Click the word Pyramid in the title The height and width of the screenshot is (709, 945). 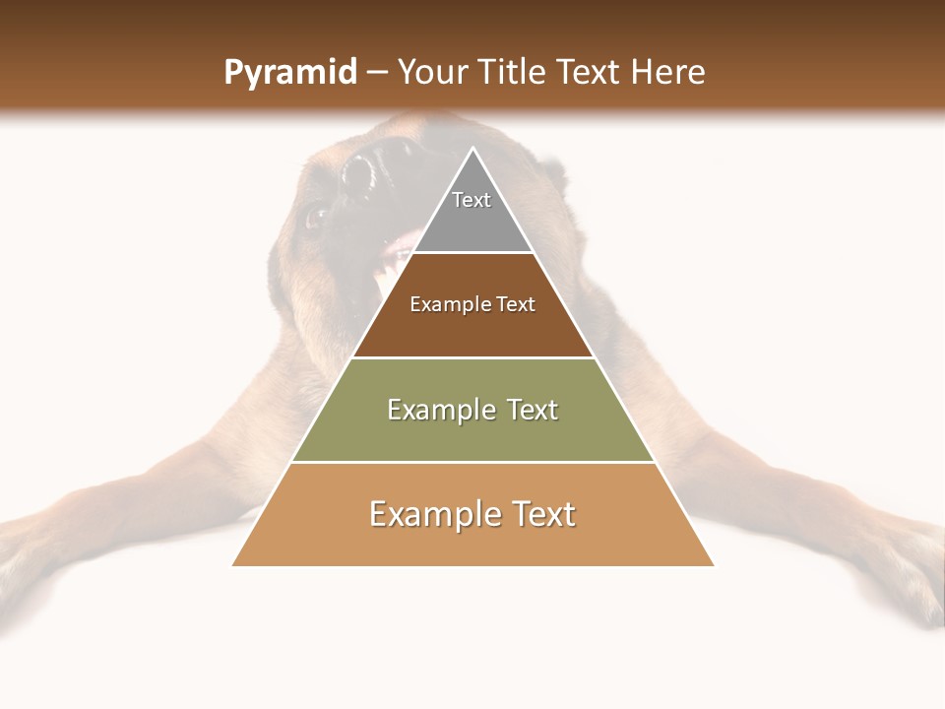coord(290,73)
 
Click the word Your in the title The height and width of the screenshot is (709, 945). coord(433,73)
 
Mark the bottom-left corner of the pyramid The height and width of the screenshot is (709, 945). coord(232,565)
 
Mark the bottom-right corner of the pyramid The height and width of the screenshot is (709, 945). coord(714,565)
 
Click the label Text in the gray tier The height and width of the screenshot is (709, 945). coord(472,200)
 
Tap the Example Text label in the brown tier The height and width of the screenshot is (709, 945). coord(472,304)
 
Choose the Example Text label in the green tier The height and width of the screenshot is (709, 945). coord(472,410)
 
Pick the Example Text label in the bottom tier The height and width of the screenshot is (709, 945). coord(472,514)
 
